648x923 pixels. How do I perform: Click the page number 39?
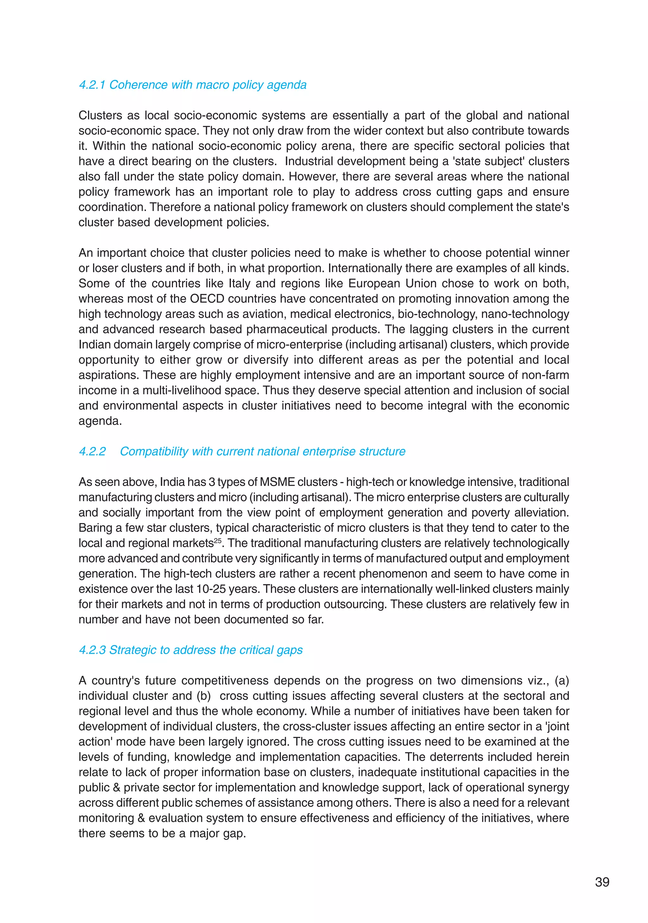[x=602, y=882]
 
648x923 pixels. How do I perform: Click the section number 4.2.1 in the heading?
[x=92, y=85]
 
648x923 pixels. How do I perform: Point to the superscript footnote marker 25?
[x=217, y=540]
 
